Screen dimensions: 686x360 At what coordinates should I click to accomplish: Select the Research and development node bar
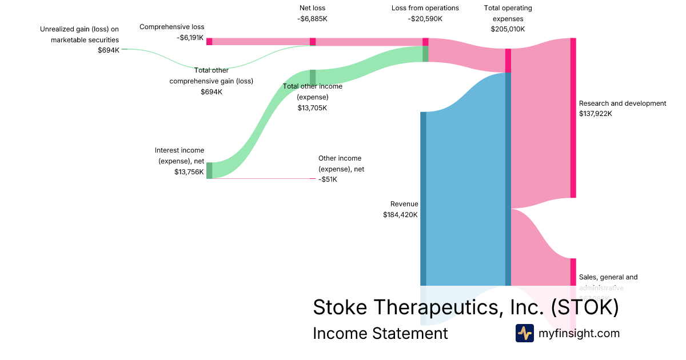(x=573, y=118)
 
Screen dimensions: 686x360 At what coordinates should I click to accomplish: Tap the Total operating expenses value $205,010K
(x=508, y=29)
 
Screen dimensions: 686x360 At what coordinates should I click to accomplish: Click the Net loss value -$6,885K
(x=312, y=19)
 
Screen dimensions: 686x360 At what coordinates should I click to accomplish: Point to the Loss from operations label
(x=425, y=8)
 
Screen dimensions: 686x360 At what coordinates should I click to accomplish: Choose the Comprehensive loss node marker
(x=209, y=41)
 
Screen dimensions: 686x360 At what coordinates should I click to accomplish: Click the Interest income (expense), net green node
(x=209, y=170)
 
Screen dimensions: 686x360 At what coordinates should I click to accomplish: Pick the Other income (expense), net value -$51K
(x=328, y=179)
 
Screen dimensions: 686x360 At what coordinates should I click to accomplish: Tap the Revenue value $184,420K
(x=400, y=215)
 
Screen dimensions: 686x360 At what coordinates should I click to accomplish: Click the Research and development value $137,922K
(x=595, y=114)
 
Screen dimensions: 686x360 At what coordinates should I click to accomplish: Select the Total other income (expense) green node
(x=313, y=77)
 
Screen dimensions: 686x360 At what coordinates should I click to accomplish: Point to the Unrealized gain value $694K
(x=109, y=50)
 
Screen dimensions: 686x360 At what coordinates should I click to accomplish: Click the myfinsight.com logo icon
(x=524, y=333)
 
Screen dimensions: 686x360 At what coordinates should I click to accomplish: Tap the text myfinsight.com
(x=579, y=333)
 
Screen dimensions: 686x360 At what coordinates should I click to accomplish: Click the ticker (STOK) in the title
(x=585, y=307)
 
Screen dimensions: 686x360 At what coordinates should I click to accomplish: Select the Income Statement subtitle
(x=380, y=333)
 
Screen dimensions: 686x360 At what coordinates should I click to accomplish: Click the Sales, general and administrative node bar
(x=573, y=272)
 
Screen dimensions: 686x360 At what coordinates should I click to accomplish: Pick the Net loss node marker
(x=313, y=42)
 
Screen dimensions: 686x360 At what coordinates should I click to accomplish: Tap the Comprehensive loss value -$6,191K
(x=190, y=37)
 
